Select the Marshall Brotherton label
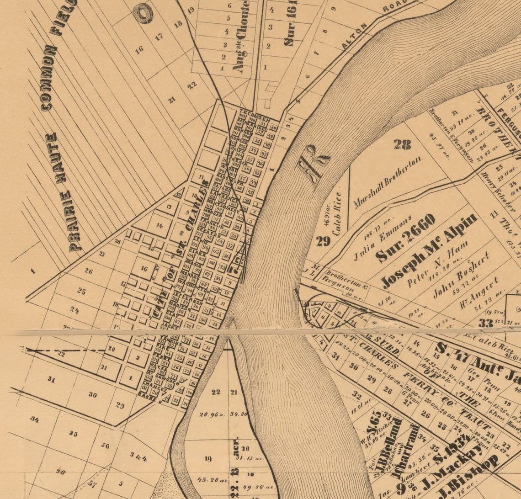click(387, 182)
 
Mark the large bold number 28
click(402, 145)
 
